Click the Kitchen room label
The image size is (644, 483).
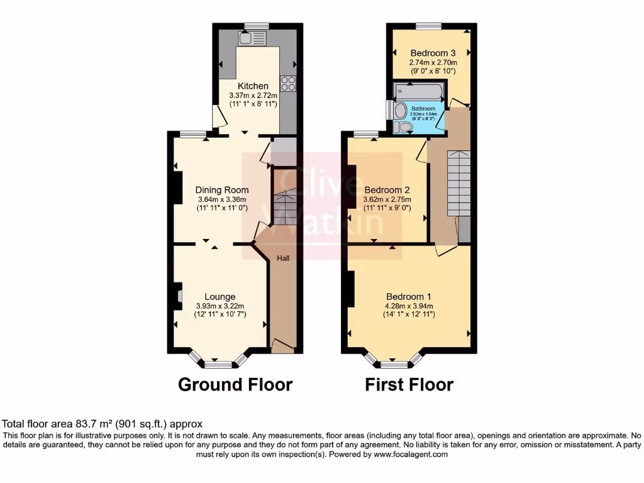pyautogui.click(x=253, y=86)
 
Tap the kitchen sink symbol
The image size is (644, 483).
pyautogui.click(x=252, y=38)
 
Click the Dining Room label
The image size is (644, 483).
pyautogui.click(x=222, y=190)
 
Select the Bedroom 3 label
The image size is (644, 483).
pyautogui.click(x=432, y=53)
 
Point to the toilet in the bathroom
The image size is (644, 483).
pyautogui.click(x=403, y=128)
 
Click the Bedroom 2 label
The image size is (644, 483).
pyautogui.click(x=387, y=190)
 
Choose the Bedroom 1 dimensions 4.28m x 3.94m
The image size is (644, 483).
pyautogui.click(x=408, y=306)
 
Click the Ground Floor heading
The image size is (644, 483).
pyautogui.click(x=235, y=384)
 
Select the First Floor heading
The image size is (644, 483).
pyautogui.click(x=409, y=384)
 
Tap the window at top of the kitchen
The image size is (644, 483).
pyautogui.click(x=257, y=26)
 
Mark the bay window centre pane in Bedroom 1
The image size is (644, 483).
pyautogui.click(x=394, y=364)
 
